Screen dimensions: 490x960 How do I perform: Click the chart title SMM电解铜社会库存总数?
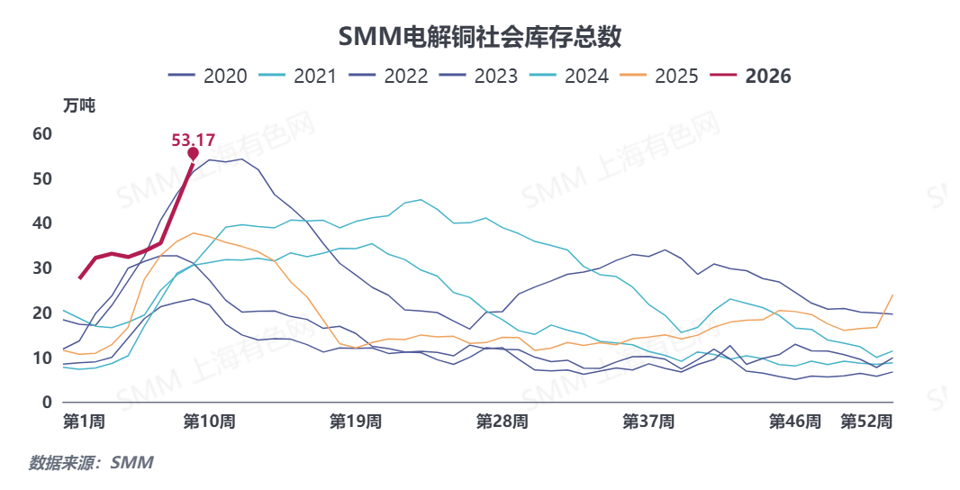pyautogui.click(x=479, y=36)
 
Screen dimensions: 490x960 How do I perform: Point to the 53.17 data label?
pyautogui.click(x=193, y=140)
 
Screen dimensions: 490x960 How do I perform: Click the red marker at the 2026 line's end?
pyautogui.click(x=193, y=154)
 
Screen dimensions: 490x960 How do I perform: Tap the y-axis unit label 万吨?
pyautogui.click(x=79, y=104)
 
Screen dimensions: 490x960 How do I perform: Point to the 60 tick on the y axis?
pyautogui.click(x=43, y=134)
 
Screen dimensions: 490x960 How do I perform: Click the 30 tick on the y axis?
pyautogui.click(x=43, y=268)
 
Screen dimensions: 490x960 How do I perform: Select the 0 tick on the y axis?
pyautogui.click(x=48, y=403)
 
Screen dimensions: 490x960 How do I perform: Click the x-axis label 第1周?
pyautogui.click(x=85, y=422)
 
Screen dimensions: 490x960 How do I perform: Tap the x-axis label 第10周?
pyautogui.click(x=209, y=422)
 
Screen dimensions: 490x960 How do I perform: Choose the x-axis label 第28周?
pyautogui.click(x=502, y=422)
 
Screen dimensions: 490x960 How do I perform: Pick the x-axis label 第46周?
pyautogui.click(x=794, y=422)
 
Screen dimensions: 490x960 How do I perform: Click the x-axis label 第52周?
pyautogui.click(x=866, y=422)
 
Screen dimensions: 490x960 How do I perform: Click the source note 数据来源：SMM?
pyautogui.click(x=91, y=463)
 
